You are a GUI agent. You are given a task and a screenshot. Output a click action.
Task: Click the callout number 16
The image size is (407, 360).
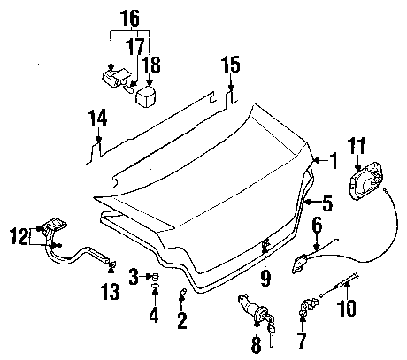click(x=131, y=18)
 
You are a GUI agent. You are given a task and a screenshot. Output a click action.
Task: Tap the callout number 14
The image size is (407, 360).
click(x=98, y=118)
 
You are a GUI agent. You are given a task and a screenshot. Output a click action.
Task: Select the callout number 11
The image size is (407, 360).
click(x=357, y=146)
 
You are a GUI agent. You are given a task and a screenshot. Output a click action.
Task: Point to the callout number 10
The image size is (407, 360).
click(x=347, y=308)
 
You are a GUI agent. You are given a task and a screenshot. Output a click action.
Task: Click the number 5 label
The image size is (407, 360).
click(x=327, y=203)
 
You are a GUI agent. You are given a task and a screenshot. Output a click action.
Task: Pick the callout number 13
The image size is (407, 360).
click(x=111, y=291)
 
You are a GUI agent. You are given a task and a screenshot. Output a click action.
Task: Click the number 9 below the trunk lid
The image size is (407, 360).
click(x=265, y=278)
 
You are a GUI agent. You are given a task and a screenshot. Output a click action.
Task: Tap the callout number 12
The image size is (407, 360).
click(x=19, y=236)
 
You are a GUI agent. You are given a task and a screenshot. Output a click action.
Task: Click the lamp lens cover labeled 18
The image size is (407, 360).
click(x=146, y=96)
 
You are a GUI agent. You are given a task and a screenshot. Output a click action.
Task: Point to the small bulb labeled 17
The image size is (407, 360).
click(x=129, y=88)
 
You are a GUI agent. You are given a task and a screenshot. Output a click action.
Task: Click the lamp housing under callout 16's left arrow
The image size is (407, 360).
click(x=116, y=78)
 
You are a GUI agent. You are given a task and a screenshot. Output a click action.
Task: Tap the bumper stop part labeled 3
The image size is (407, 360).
click(x=154, y=277)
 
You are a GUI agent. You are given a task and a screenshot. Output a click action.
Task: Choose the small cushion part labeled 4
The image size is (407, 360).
click(x=155, y=286)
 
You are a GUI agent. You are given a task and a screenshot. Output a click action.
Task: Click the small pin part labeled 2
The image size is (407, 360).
click(x=183, y=292)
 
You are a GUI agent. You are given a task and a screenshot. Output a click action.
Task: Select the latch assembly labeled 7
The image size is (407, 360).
click(x=309, y=306)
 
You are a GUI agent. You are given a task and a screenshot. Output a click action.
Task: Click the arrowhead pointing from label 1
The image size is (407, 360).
click(x=316, y=160)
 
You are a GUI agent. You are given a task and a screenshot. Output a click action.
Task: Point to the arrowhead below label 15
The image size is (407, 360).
click(x=231, y=88)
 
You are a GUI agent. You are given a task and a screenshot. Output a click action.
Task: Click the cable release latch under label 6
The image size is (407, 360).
click(x=300, y=263)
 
